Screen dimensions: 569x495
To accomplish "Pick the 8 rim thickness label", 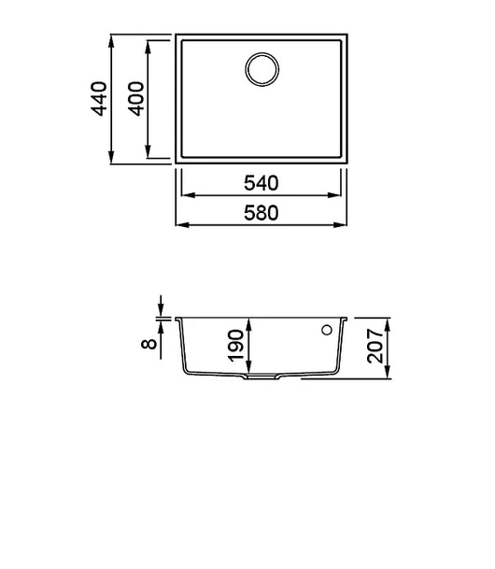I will point(148,343).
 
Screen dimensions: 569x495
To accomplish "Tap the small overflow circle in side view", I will point(327,330).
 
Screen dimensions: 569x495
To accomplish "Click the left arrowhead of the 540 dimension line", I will point(183,195).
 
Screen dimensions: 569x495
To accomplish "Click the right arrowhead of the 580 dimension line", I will point(345,226).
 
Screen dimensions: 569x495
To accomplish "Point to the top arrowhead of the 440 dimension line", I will point(112,40).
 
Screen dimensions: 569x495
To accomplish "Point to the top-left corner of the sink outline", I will point(177,36).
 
